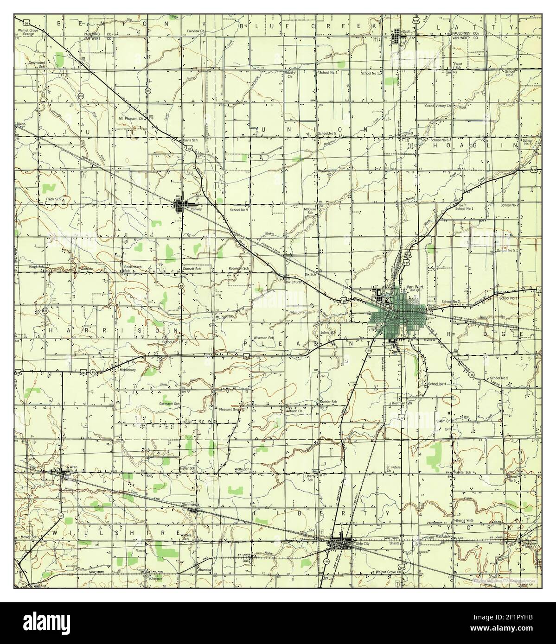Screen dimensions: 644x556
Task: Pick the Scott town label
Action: pyautogui.click(x=407, y=32)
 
